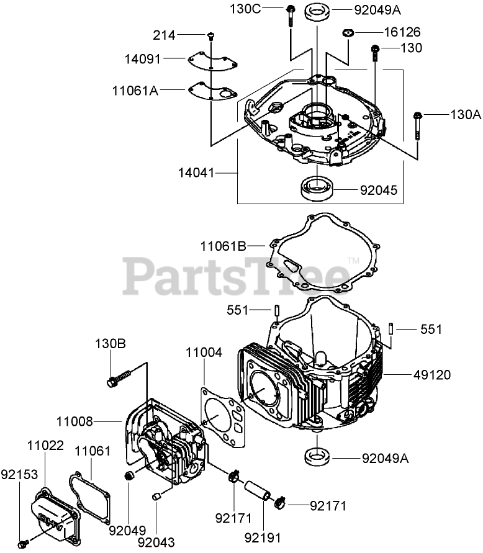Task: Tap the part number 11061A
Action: (134, 91)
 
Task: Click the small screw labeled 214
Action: (212, 35)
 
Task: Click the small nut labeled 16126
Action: (348, 32)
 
